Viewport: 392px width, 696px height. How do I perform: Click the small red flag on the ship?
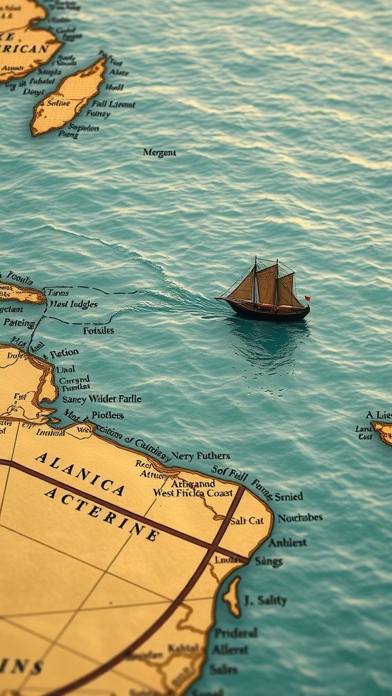click(x=307, y=298)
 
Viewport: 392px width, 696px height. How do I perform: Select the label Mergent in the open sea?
click(x=159, y=153)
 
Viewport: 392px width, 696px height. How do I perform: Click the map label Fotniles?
click(x=99, y=330)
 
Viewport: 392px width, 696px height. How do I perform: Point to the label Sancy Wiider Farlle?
click(x=102, y=399)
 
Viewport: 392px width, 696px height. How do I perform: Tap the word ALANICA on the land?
click(x=80, y=473)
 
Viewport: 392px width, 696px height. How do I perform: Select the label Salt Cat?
click(x=246, y=521)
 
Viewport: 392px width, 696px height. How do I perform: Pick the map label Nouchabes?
click(x=299, y=517)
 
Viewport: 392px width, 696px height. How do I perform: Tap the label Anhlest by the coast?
click(x=287, y=542)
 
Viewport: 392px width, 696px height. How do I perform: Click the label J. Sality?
click(x=265, y=600)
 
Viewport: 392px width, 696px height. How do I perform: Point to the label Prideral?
click(x=236, y=633)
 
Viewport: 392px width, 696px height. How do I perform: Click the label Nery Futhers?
click(x=200, y=455)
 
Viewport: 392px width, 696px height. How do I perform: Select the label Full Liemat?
click(x=114, y=104)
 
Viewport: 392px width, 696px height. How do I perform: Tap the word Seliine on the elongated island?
click(x=58, y=103)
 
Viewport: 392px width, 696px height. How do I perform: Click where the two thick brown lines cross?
click(x=214, y=547)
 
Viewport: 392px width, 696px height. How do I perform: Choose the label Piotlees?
click(x=108, y=415)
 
